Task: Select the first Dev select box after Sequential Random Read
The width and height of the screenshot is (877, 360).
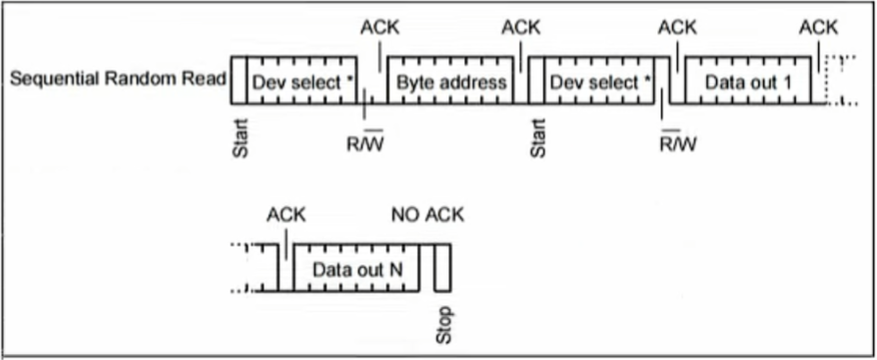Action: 302,81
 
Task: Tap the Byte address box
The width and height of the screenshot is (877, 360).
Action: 451,81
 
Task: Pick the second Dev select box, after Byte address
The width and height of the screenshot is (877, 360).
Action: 599,81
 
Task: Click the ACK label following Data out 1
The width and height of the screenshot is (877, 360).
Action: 818,27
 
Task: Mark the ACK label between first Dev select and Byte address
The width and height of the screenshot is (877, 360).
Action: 380,27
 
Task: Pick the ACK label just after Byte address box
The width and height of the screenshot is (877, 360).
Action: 521,27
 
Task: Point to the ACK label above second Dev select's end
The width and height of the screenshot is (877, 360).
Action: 677,27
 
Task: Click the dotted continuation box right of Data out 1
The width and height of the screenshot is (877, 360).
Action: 834,79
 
